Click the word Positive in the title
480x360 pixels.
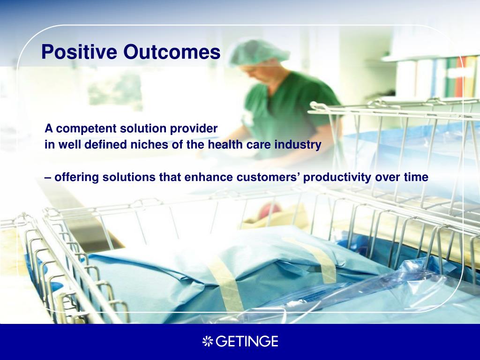tap(79, 52)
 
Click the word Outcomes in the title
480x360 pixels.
tap(172, 52)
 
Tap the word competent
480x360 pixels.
tap(86, 129)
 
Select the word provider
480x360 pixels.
tap(194, 129)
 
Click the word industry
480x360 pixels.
tap(298, 145)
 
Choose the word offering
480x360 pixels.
tap(76, 178)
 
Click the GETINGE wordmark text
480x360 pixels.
tap(247, 341)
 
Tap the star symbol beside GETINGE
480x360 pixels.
tap(208, 341)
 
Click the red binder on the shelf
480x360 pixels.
tap(459, 76)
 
